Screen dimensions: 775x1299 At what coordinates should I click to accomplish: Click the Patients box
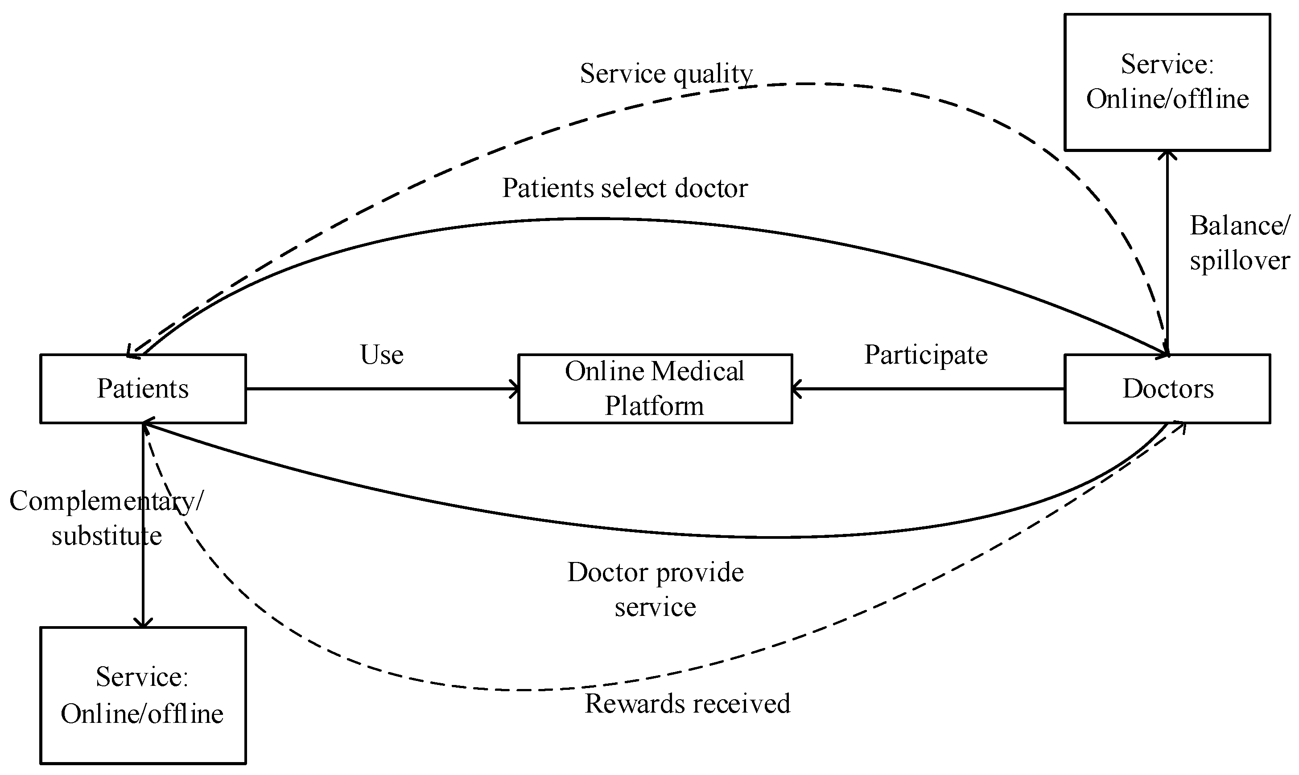[143, 389]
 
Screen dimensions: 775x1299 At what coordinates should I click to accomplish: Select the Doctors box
[1167, 389]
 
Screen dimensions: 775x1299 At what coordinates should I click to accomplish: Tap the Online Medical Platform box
[655, 389]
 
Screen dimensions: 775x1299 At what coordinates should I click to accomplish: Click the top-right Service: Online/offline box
[1167, 82]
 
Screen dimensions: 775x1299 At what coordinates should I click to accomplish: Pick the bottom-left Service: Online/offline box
[143, 696]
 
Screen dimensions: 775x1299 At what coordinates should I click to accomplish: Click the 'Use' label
[382, 355]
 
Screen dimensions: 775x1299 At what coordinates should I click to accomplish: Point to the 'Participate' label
[925, 355]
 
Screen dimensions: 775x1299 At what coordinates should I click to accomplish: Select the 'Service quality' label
[666, 74]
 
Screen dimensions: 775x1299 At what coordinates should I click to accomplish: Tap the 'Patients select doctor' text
[624, 188]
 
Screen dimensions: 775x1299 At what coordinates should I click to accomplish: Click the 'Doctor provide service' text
[655, 590]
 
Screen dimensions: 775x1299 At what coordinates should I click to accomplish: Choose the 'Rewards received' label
[687, 703]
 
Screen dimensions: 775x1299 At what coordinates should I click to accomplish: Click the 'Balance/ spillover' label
[1239, 243]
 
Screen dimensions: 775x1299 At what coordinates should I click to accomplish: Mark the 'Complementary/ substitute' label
[107, 518]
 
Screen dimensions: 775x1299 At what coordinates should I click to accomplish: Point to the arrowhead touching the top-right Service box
[1167, 155]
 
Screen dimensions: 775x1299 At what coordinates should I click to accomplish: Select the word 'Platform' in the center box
[654, 406]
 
